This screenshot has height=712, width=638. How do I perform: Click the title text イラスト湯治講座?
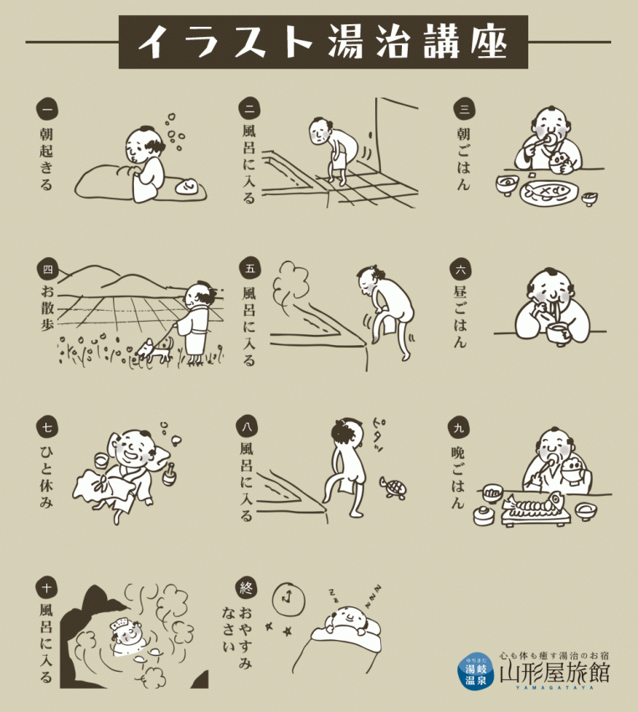tap(322, 42)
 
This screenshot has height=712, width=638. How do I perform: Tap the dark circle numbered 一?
tap(47, 108)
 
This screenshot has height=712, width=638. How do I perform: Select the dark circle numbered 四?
tap(47, 269)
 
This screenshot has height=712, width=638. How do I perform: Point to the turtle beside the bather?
tap(393, 488)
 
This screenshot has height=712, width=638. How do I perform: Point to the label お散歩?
tap(47, 308)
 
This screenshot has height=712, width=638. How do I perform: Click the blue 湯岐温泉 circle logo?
tap(476, 670)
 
